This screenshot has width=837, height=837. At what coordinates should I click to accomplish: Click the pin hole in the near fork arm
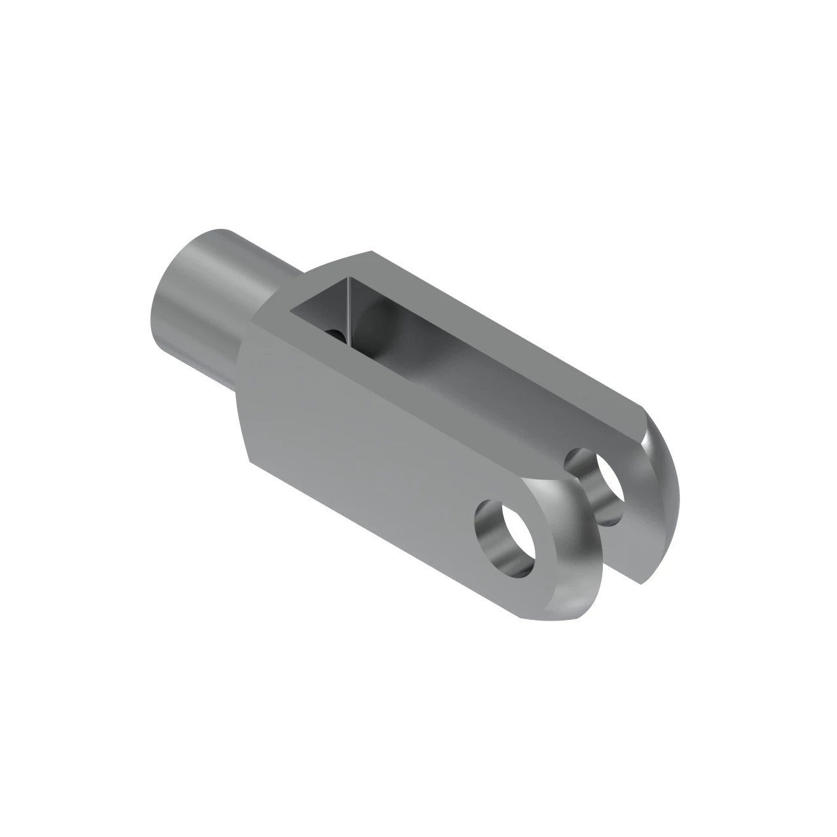507,536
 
